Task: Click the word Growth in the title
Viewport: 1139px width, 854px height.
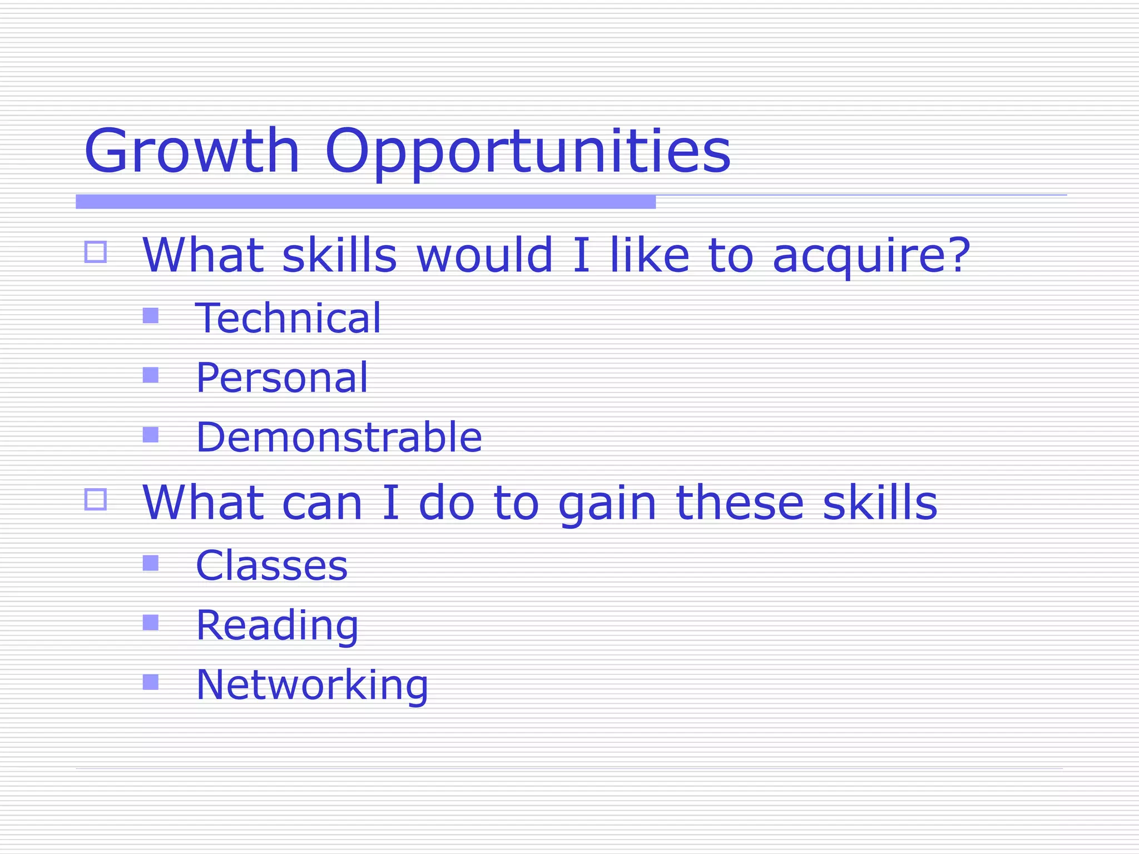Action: tap(192, 151)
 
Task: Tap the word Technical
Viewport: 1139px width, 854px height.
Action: tap(288, 318)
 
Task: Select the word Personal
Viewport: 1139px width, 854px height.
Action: tap(282, 378)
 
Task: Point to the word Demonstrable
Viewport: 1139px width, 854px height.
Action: tap(339, 437)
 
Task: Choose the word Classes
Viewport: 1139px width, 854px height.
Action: tap(271, 565)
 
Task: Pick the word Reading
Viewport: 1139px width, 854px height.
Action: tap(277, 625)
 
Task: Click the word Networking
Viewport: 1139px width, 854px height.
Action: tap(312, 684)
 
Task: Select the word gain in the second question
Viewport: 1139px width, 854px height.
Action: tap(607, 504)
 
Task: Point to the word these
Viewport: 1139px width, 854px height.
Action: tap(740, 503)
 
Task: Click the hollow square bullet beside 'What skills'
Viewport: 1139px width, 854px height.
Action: tap(96, 252)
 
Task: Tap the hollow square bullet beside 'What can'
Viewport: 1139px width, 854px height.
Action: tap(96, 499)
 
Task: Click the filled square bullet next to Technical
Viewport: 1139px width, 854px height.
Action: tap(151, 316)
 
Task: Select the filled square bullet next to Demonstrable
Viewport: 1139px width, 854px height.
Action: tap(151, 434)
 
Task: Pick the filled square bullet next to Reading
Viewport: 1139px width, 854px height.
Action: tap(151, 622)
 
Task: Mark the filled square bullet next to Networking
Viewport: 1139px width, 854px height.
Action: tap(151, 682)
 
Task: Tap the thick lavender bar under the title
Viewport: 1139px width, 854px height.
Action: tap(365, 202)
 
